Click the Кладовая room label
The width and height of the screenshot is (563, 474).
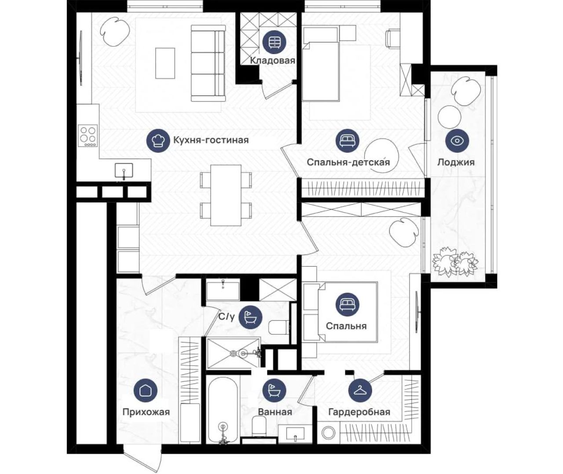point(272,60)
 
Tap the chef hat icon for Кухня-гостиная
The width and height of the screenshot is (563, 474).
point(158,140)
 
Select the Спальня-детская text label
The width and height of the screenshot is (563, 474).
point(348,162)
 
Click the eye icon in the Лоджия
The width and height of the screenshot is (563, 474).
point(457,140)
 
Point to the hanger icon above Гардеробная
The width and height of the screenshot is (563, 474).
point(360,390)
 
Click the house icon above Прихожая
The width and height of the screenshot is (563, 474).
point(146,390)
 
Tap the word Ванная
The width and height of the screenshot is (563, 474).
point(275,412)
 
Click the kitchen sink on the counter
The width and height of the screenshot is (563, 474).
point(124,170)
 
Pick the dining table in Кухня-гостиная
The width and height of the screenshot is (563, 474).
point(226,195)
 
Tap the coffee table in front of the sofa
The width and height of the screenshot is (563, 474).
point(165,63)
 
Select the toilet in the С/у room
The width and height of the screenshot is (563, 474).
point(279,327)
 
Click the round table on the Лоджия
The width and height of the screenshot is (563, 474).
point(449,117)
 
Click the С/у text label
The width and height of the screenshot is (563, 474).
point(227,317)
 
